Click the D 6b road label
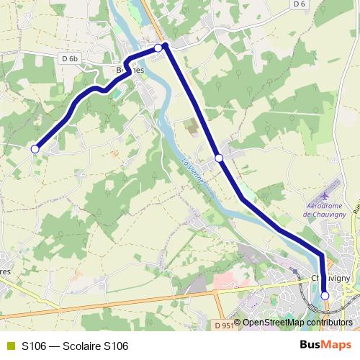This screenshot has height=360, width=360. [x=70, y=58]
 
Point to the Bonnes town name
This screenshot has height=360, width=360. [x=130, y=71]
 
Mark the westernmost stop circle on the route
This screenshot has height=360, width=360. [x=35, y=149]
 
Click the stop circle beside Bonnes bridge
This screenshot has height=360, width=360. [x=158, y=48]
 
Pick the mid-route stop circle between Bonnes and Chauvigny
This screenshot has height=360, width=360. [x=219, y=158]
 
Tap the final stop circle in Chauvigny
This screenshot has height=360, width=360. [x=325, y=295]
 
